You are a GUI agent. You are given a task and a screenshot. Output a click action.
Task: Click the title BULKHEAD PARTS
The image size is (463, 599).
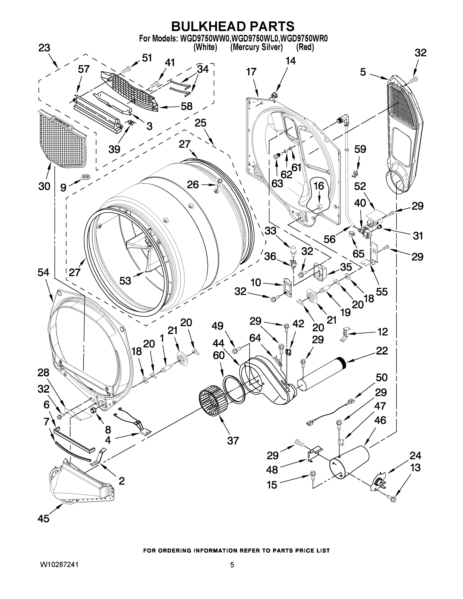233,27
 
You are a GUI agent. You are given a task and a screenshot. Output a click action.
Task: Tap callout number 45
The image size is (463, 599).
43,518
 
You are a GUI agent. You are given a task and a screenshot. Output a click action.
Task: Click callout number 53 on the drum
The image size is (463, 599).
125,281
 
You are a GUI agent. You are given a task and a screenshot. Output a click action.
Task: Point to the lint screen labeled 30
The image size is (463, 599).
62,139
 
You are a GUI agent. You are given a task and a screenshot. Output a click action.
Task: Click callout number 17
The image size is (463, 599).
251,72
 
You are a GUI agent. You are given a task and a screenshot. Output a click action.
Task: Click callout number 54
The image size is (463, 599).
43,272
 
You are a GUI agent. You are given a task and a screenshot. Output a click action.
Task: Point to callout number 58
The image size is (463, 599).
186,106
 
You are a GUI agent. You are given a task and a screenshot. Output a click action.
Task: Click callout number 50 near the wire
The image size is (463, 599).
381,377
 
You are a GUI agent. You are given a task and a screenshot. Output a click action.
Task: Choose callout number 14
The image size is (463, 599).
291,61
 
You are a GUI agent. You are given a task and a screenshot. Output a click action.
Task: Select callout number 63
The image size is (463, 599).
277,183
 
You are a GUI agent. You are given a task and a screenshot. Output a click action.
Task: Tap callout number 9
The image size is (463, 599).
63,188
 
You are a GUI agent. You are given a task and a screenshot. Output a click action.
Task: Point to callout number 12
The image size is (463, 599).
382,332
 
